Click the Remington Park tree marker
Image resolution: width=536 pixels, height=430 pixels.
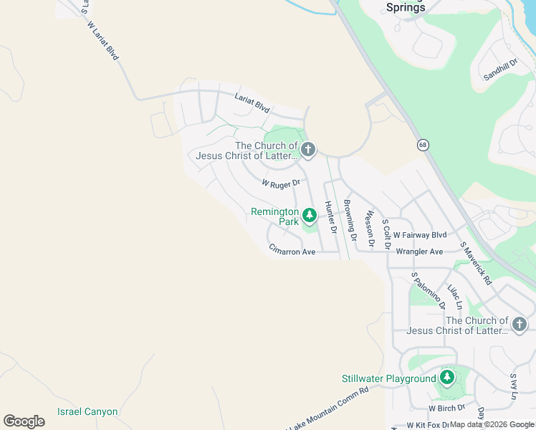(x=310, y=215)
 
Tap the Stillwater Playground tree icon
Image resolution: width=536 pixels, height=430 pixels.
(x=447, y=377)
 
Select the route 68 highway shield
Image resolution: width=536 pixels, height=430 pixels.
(x=423, y=145)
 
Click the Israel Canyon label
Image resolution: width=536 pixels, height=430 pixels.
(x=87, y=412)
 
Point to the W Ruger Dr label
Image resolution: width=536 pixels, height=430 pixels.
(x=279, y=184)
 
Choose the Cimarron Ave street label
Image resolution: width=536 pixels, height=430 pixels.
(x=292, y=252)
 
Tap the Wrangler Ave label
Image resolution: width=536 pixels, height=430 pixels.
(x=419, y=252)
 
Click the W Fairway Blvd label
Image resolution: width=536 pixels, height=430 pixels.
(x=420, y=235)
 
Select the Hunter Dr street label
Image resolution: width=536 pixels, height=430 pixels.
(x=330, y=218)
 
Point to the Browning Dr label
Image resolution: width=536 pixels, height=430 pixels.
(x=350, y=220)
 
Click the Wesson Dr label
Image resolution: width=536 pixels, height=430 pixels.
(x=370, y=228)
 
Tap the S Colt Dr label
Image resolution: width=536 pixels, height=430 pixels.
(x=386, y=234)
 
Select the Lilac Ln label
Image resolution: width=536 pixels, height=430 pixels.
(x=454, y=298)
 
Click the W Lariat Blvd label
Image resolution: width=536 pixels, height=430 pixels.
(x=102, y=41)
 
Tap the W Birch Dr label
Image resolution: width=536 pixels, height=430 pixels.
(x=447, y=408)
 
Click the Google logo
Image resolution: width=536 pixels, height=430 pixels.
(x=24, y=421)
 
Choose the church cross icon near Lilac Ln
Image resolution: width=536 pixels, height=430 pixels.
(x=520, y=325)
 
